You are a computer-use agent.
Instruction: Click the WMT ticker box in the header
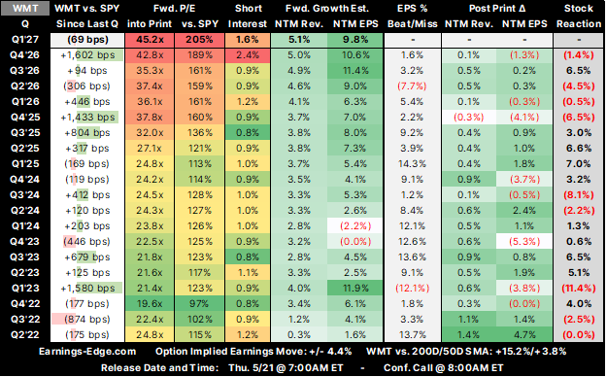(x=25, y=8)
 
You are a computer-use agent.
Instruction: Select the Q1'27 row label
(x=25, y=40)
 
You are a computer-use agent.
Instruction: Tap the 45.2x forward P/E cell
(x=150, y=40)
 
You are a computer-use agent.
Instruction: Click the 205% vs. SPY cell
(x=199, y=40)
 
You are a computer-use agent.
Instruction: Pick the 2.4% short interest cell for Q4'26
(x=248, y=55)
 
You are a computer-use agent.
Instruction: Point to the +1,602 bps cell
(x=87, y=55)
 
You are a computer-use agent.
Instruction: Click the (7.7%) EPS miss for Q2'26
(x=412, y=86)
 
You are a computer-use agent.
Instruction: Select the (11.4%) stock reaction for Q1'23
(x=579, y=289)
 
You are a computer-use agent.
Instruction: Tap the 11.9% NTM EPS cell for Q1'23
(x=355, y=289)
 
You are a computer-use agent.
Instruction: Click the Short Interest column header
(x=248, y=16)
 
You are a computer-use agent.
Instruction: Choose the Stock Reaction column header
(x=579, y=16)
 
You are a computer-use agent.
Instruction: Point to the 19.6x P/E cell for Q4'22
(x=150, y=304)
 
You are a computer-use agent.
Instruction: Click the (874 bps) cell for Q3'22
(x=87, y=320)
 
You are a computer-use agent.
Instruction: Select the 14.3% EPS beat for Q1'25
(x=412, y=164)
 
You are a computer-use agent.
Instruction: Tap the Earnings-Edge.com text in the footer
(x=87, y=352)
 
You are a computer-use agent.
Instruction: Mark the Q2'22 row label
(x=25, y=335)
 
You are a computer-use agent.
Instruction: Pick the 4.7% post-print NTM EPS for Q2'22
(x=524, y=335)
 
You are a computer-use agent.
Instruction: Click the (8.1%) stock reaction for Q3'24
(x=579, y=195)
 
